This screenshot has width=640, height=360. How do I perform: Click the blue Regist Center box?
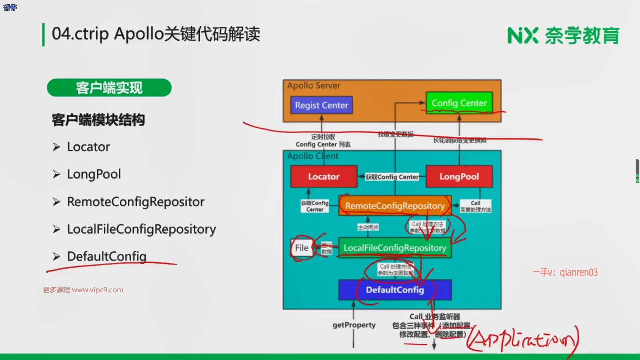tap(321, 105)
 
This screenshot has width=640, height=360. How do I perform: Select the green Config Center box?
tap(459, 103)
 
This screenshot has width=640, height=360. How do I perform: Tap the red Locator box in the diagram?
tap(324, 177)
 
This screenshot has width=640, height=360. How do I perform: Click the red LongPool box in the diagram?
tap(459, 177)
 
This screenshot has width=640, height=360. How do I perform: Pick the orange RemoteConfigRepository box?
tap(395, 206)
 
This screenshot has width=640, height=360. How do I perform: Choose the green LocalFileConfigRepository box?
tap(395, 248)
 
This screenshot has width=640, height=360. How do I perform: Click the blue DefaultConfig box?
tap(395, 290)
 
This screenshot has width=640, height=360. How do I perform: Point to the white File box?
tap(302, 248)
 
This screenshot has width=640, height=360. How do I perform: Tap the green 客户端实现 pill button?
tap(109, 88)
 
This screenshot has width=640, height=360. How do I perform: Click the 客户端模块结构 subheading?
tap(98, 120)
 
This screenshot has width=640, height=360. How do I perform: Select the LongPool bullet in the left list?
tap(94, 174)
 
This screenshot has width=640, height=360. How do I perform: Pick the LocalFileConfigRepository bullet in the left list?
tap(141, 229)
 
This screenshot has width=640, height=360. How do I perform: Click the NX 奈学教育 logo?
tap(563, 36)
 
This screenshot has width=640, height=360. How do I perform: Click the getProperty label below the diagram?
tap(354, 325)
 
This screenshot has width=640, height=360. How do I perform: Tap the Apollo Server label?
tap(314, 86)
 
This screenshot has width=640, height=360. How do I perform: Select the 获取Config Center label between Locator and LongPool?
tap(392, 177)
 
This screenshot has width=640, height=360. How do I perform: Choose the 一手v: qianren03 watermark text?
tap(565, 273)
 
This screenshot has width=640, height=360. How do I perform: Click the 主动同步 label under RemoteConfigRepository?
tap(368, 227)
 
